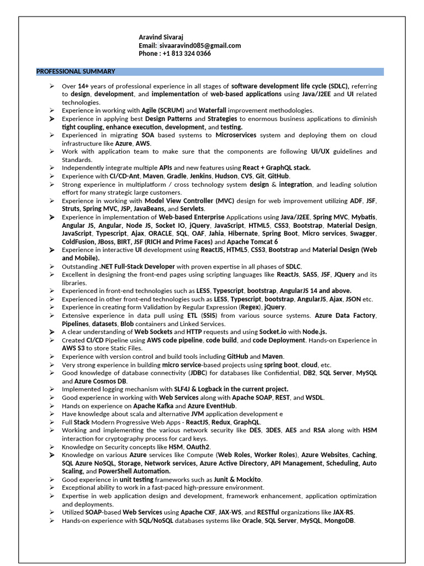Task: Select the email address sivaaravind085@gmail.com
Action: [199, 45]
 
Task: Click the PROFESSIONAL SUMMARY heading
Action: [76, 71]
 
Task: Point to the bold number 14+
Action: [83, 86]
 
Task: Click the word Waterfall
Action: [213, 111]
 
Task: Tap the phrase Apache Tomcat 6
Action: [253, 242]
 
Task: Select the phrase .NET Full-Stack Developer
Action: [137, 266]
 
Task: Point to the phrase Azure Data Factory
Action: [345, 316]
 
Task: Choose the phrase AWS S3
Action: [73, 348]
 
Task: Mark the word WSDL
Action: [315, 397]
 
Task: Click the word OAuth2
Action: [199, 447]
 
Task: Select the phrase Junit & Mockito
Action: [237, 479]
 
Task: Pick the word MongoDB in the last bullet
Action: [340, 521]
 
